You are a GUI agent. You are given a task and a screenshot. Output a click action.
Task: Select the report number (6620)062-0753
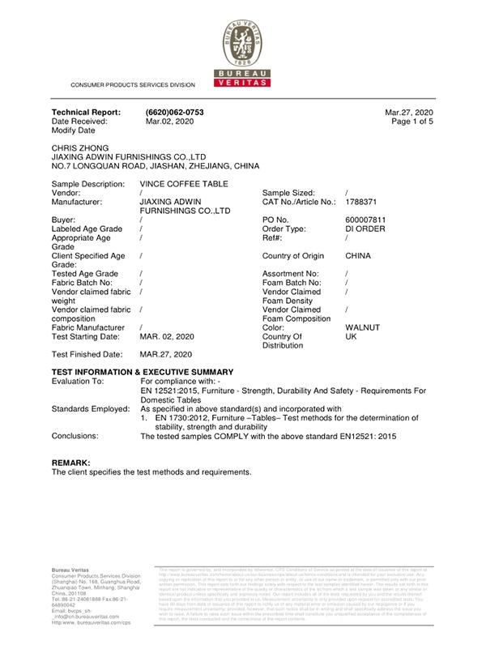[174, 112]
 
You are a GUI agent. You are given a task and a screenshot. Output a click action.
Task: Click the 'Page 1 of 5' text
[412, 121]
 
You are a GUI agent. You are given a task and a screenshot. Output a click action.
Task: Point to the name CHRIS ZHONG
[79, 148]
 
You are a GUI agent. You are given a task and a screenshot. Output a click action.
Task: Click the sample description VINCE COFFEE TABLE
[182, 185]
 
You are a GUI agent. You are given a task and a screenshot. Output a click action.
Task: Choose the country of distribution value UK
[351, 336]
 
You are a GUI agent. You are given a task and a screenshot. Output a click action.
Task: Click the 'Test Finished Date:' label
[87, 354]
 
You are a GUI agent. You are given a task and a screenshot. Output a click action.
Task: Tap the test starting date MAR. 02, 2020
[167, 336]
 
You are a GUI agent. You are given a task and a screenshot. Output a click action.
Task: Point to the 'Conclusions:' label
[75, 436]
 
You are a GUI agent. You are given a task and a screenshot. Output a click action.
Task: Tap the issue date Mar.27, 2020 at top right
[410, 112]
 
